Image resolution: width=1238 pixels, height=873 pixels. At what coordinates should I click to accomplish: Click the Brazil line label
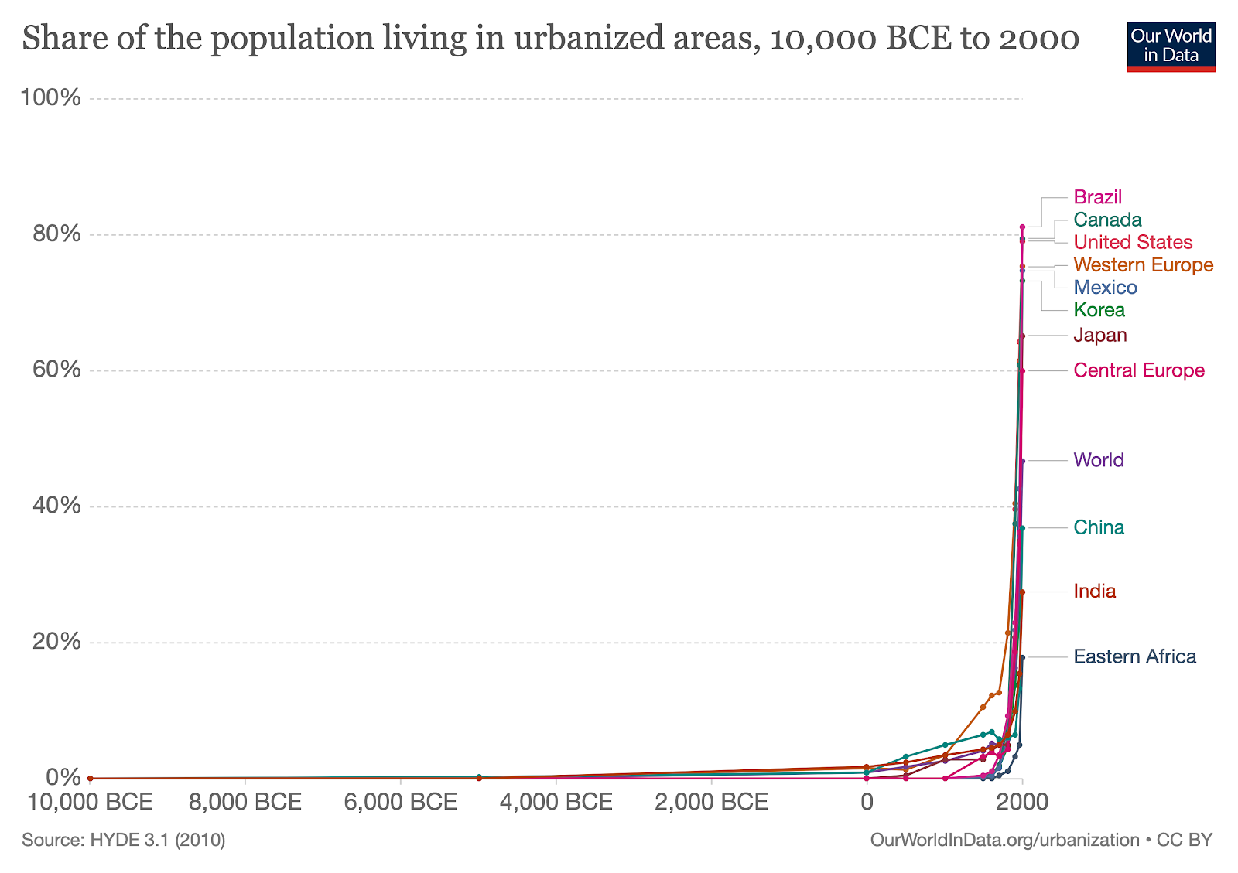point(1097,197)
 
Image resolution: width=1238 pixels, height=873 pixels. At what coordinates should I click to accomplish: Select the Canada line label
point(1107,220)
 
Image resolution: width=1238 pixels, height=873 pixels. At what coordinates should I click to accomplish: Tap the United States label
point(1133,242)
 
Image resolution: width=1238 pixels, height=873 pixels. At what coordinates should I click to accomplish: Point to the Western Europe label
point(1143,265)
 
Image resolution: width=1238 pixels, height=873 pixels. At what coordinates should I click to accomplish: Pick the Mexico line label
point(1105,288)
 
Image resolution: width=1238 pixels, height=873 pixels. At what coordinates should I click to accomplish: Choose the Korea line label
point(1099,310)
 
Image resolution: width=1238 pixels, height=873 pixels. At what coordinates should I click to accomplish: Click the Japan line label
point(1099,336)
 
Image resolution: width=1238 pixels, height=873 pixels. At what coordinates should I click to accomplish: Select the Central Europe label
point(1138,370)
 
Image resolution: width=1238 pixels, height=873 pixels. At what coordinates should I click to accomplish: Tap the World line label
point(1098,460)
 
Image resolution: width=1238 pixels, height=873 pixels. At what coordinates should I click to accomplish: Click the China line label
point(1098,527)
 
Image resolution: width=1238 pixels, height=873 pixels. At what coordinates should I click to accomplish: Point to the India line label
point(1094,592)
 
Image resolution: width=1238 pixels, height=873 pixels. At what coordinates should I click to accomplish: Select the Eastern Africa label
point(1134,656)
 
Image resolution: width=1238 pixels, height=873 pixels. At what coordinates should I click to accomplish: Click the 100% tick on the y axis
point(51,98)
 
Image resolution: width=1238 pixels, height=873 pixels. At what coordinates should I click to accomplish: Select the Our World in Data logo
point(1171,46)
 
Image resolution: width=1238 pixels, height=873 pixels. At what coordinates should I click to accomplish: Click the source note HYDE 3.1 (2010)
point(124,840)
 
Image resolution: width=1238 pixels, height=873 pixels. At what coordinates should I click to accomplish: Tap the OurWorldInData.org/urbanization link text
point(1004,840)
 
